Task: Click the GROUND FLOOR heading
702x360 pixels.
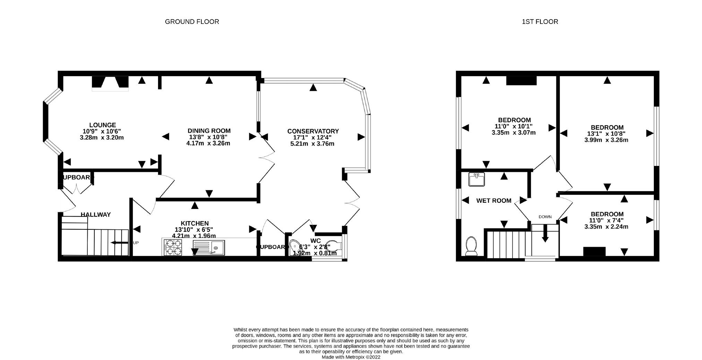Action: click(192, 22)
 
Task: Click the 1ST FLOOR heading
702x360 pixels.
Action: click(540, 22)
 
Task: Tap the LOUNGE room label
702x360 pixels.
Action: click(102, 125)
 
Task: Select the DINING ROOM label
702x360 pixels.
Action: click(209, 131)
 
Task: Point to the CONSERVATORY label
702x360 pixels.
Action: click(313, 131)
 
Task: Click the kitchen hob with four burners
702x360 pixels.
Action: click(172, 247)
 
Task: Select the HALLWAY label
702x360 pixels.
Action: click(96, 214)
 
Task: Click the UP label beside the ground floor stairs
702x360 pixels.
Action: click(136, 243)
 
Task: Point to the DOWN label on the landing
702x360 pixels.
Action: click(545, 217)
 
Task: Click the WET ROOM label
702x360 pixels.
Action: click(494, 200)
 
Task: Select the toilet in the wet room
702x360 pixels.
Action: click(471, 246)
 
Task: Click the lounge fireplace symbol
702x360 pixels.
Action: click(110, 83)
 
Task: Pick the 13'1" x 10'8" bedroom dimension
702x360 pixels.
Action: click(607, 134)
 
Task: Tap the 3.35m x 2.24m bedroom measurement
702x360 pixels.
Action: click(606, 227)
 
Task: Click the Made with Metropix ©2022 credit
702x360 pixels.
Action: click(351, 357)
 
